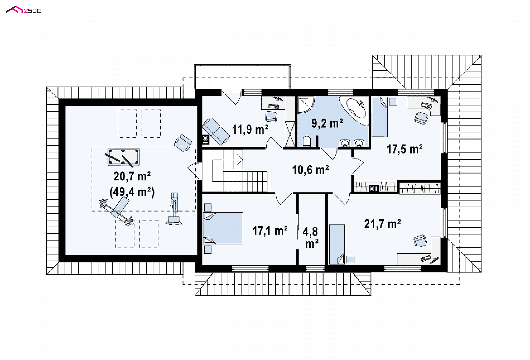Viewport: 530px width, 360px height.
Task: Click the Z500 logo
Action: click(x=23, y=10)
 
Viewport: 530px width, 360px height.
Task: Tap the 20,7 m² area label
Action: click(x=132, y=177)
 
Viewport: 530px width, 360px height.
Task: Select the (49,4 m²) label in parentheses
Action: click(x=132, y=192)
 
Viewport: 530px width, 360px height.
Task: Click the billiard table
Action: click(x=123, y=157)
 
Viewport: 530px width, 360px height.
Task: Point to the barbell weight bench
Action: click(x=117, y=211)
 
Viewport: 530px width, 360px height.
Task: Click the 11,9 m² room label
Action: click(x=250, y=129)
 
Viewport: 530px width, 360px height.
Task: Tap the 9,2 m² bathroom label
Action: click(x=327, y=123)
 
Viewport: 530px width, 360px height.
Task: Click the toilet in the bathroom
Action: click(x=307, y=142)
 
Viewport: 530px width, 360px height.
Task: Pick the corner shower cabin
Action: click(x=305, y=104)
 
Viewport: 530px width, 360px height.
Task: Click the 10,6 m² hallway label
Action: click(x=310, y=170)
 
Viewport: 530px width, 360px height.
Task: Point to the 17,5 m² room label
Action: click(x=404, y=149)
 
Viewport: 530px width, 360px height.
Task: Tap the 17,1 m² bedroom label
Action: click(x=270, y=231)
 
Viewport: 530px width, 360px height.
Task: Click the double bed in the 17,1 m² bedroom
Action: click(x=223, y=228)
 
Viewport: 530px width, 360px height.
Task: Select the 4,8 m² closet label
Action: click(x=311, y=238)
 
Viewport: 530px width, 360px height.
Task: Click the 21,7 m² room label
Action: click(x=382, y=224)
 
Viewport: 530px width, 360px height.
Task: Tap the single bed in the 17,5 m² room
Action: click(x=380, y=117)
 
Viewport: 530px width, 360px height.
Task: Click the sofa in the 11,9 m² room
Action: click(x=216, y=131)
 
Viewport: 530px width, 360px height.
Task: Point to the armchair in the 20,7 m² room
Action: click(x=183, y=143)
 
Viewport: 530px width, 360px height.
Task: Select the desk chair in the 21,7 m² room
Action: click(x=420, y=241)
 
